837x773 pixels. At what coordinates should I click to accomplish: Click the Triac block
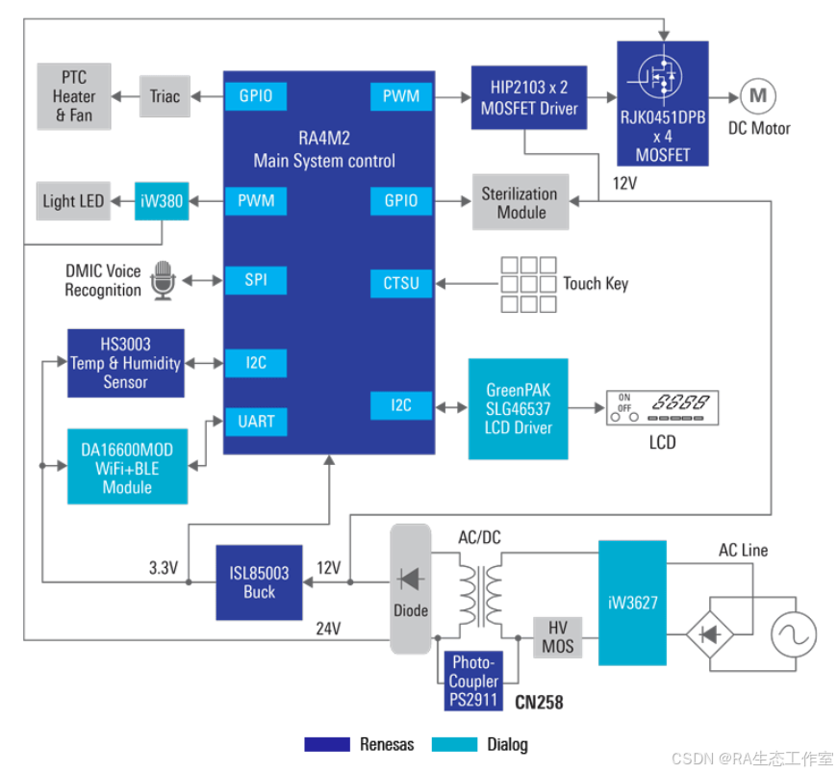pos(165,96)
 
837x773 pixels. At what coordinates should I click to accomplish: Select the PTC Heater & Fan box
pos(74,96)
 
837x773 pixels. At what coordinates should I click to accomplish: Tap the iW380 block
pos(161,201)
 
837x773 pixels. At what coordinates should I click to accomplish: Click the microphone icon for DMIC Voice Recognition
pos(163,280)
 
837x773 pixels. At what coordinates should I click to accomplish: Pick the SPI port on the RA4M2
pos(255,280)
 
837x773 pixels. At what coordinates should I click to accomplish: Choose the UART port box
pos(255,422)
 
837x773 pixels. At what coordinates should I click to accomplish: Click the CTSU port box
pos(401,284)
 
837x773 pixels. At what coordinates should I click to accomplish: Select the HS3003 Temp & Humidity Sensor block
pos(126,363)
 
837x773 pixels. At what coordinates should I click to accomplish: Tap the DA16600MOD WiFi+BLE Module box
pos(127,467)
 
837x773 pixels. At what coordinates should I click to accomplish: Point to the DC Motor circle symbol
pos(758,95)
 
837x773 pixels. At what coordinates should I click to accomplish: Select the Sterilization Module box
pos(520,202)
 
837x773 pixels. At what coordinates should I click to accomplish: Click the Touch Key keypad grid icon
pos(527,284)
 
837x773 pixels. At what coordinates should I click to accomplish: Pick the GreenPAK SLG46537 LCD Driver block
pos(519,408)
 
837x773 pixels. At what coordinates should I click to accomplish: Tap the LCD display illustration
pos(662,408)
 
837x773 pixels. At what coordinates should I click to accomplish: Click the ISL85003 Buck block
pos(259,582)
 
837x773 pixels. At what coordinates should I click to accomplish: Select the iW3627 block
pos(632,603)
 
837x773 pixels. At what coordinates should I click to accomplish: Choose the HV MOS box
pos(558,636)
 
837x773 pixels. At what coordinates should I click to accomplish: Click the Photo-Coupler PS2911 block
pos(473,681)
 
